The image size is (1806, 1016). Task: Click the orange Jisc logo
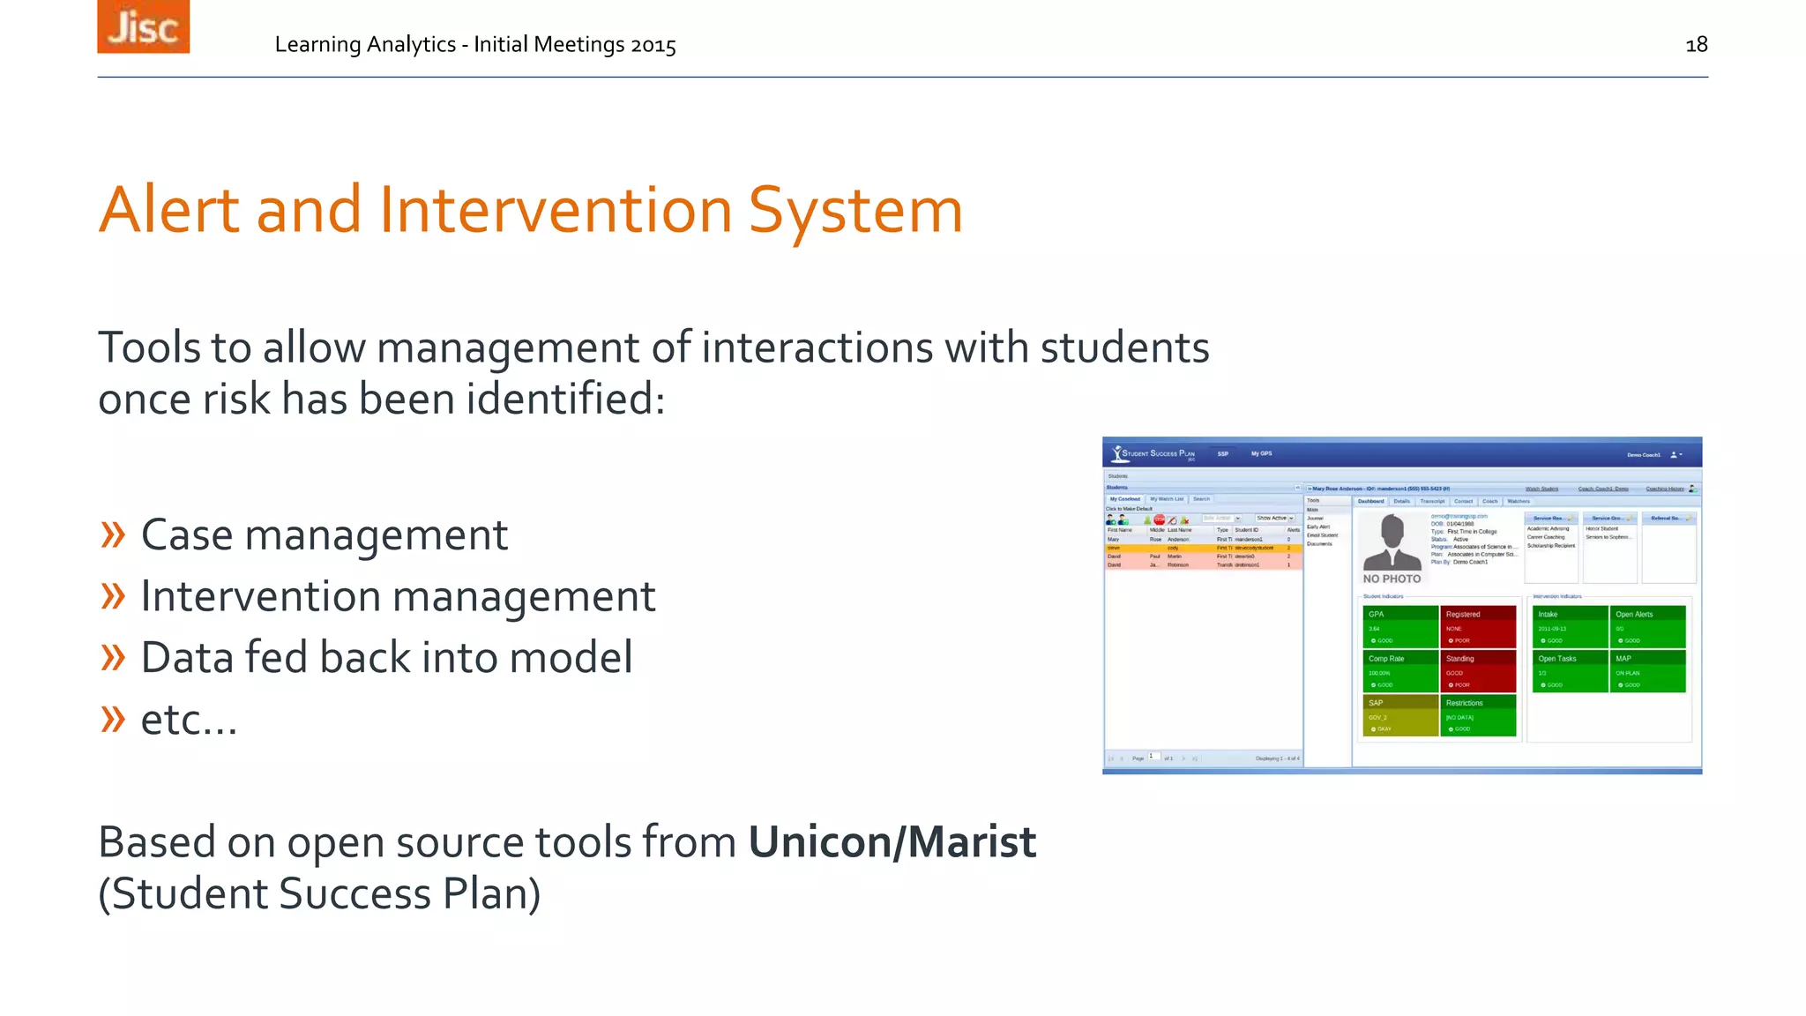coord(143,26)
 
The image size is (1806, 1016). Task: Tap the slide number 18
coord(1696,44)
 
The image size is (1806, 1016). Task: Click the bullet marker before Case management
coord(113,534)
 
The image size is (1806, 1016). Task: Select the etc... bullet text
coord(189,720)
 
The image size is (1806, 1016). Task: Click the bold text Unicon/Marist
coord(892,841)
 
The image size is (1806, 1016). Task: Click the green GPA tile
coord(1399,626)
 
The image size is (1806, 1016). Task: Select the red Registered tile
coord(1477,626)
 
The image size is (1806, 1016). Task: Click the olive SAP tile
coord(1399,715)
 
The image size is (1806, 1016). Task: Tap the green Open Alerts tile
coord(1647,626)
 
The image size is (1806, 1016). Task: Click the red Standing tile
coord(1477,671)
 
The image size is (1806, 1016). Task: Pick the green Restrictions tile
coord(1477,715)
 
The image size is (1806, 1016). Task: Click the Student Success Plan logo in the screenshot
coord(1153,453)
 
